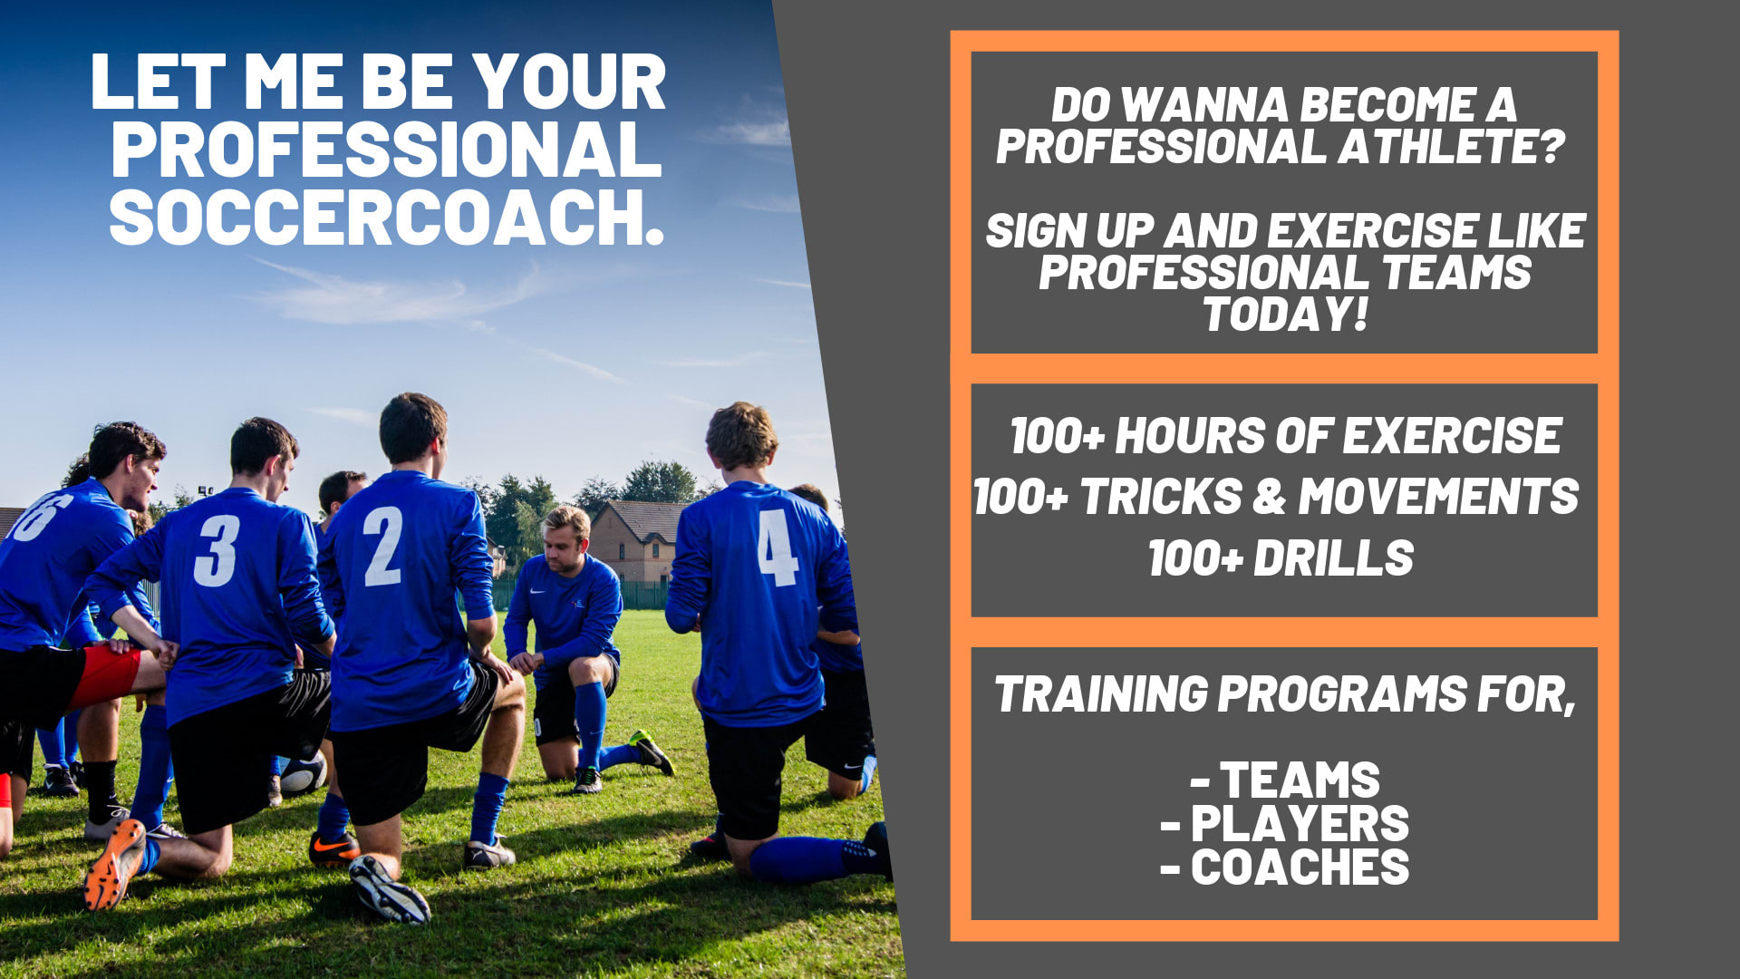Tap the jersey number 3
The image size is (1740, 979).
pyautogui.click(x=217, y=550)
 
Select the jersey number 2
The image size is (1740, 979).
pyautogui.click(x=382, y=546)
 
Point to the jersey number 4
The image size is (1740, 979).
pyautogui.click(x=778, y=547)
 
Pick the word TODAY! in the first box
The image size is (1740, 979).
pyautogui.click(x=1284, y=315)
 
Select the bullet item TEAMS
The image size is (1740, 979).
pyautogui.click(x=1300, y=780)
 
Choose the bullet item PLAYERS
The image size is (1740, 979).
pyautogui.click(x=1300, y=824)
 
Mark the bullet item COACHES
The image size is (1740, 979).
pyautogui.click(x=1300, y=868)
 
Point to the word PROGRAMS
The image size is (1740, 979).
pyautogui.click(x=1341, y=694)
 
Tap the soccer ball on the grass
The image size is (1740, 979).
pyautogui.click(x=303, y=774)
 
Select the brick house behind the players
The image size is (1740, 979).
pyautogui.click(x=636, y=541)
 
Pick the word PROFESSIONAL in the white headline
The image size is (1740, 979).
pyautogui.click(x=386, y=149)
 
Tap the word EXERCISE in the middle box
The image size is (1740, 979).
pyautogui.click(x=1452, y=437)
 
